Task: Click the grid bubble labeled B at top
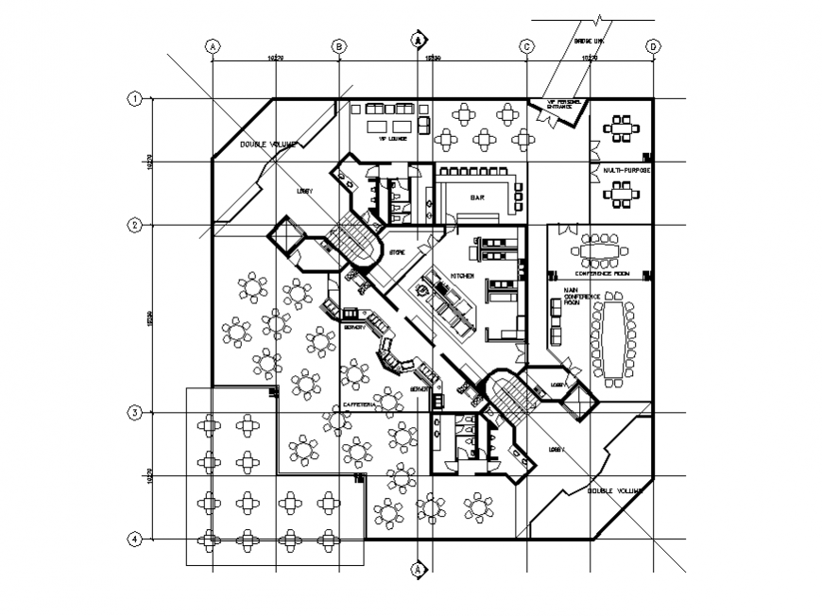pyautogui.click(x=339, y=45)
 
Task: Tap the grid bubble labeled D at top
pyautogui.click(x=652, y=45)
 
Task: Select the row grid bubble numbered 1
pyautogui.click(x=135, y=98)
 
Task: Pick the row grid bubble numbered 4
pyautogui.click(x=135, y=539)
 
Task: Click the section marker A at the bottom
pyautogui.click(x=418, y=570)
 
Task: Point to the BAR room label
pyautogui.click(x=478, y=198)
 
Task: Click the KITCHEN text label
pyautogui.click(x=461, y=275)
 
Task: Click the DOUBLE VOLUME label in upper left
pyautogui.click(x=267, y=145)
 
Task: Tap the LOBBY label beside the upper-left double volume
pyautogui.click(x=304, y=192)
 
